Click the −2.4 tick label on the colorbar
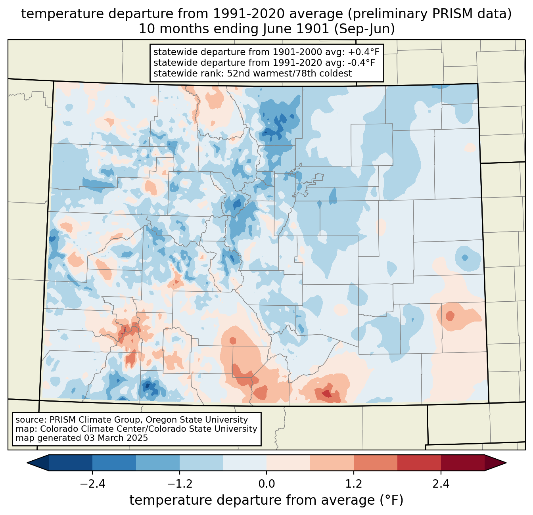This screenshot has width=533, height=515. tap(92, 484)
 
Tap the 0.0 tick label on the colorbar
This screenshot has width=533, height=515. tap(266, 484)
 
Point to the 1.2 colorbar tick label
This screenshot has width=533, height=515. tap(354, 484)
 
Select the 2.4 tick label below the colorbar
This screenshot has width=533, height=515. tap(441, 484)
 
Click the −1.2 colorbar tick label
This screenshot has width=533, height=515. tap(180, 484)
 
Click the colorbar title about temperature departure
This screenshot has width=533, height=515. tap(266, 500)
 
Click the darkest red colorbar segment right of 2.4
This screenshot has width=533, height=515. tap(462, 463)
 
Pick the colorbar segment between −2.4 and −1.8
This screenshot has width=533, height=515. tap(114, 463)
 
